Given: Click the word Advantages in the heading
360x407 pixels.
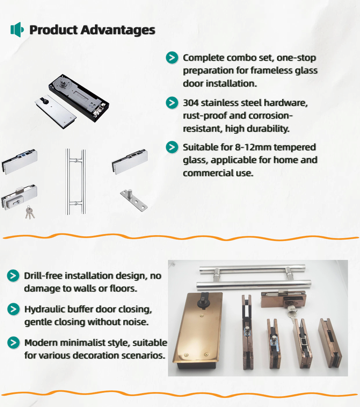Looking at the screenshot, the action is click(118, 30).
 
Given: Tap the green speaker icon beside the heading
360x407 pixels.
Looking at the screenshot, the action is click(17, 29).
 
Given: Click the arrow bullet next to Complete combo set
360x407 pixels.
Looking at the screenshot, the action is click(172, 58).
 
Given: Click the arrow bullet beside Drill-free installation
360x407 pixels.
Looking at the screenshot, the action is click(13, 276).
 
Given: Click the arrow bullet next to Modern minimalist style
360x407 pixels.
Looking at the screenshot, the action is click(13, 343).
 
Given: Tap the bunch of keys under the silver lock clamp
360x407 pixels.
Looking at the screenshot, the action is click(30, 212).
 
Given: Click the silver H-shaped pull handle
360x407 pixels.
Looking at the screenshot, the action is click(76, 182).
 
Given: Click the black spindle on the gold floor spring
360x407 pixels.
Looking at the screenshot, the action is click(202, 300).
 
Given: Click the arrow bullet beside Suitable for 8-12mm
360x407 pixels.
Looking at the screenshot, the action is click(172, 147).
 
